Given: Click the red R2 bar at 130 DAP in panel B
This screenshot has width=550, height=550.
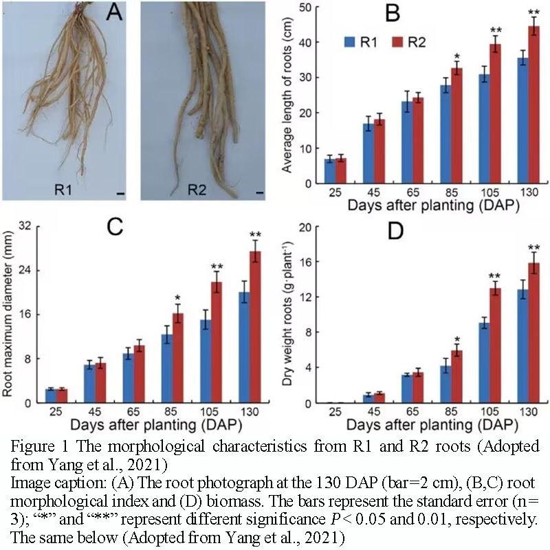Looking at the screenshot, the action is click(x=533, y=104).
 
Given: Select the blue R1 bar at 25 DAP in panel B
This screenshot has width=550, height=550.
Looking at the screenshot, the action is click(x=330, y=171).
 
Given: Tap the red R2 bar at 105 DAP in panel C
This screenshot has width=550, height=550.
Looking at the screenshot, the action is click(x=217, y=342).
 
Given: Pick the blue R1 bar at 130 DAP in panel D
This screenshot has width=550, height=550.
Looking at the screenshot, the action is click(x=522, y=346).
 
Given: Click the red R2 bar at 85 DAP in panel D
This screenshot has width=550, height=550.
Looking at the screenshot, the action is click(x=456, y=377).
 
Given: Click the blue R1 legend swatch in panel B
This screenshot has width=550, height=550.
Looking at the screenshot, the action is click(x=350, y=42).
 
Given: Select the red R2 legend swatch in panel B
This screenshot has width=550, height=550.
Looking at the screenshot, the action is click(x=397, y=42).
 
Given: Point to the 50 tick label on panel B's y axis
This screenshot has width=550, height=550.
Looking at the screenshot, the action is click(x=305, y=7).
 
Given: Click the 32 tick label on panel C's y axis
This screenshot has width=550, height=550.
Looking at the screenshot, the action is click(x=25, y=226).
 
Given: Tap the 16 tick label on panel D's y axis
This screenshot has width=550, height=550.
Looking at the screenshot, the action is click(x=305, y=262).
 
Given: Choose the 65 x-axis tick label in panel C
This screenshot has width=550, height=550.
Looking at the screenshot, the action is click(x=133, y=411).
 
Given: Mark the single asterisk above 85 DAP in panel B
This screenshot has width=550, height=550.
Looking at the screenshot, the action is click(x=456, y=56).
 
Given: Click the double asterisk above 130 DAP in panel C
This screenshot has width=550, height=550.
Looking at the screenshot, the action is click(x=255, y=234).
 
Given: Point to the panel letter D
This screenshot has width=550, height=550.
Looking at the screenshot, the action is click(x=395, y=231).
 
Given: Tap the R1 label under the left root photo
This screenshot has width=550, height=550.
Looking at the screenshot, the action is click(x=63, y=190).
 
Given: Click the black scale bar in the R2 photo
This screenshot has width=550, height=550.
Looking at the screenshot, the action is click(x=260, y=192).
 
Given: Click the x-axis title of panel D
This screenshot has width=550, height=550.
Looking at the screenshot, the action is click(x=432, y=425).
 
